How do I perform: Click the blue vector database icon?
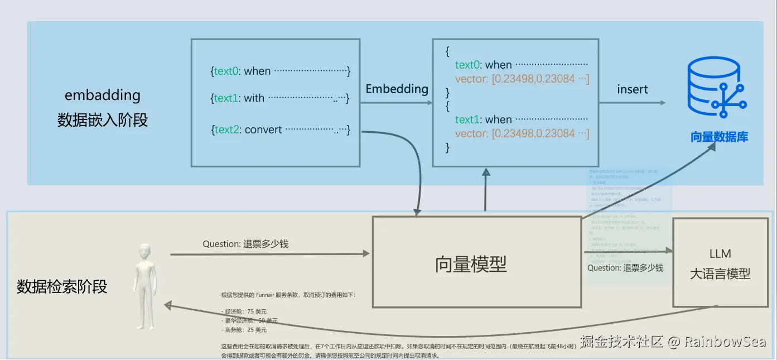click(x=717, y=88)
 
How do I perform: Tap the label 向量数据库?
click(x=719, y=137)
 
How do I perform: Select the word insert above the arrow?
click(x=633, y=89)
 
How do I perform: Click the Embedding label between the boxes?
click(x=397, y=89)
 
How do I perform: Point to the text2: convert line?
click(x=280, y=129)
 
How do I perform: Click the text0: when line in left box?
click(x=280, y=71)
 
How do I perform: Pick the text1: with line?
click(x=280, y=98)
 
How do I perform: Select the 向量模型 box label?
click(x=471, y=264)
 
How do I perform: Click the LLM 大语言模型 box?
click(x=720, y=263)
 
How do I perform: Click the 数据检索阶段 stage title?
click(x=62, y=287)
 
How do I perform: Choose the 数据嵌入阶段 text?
click(x=103, y=120)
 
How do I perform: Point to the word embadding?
click(x=103, y=95)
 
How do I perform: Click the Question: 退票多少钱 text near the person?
click(x=245, y=244)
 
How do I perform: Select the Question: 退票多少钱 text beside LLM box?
click(x=625, y=268)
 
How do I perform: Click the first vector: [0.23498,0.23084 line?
click(x=522, y=79)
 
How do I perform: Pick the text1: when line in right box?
click(x=521, y=119)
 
